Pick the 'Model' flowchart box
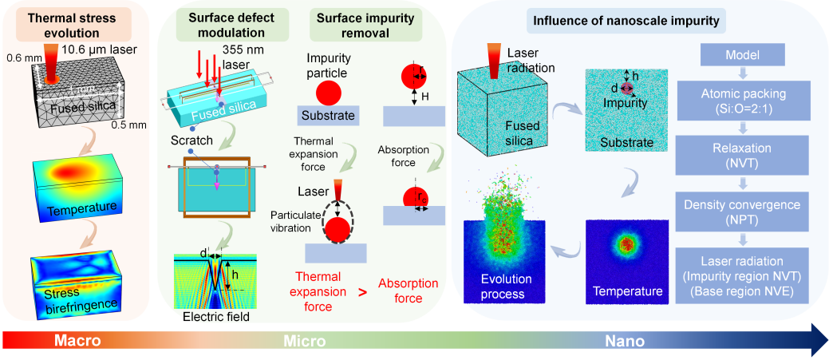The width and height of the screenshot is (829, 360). (x=743, y=56)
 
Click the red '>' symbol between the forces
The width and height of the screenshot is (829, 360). (x=362, y=291)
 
